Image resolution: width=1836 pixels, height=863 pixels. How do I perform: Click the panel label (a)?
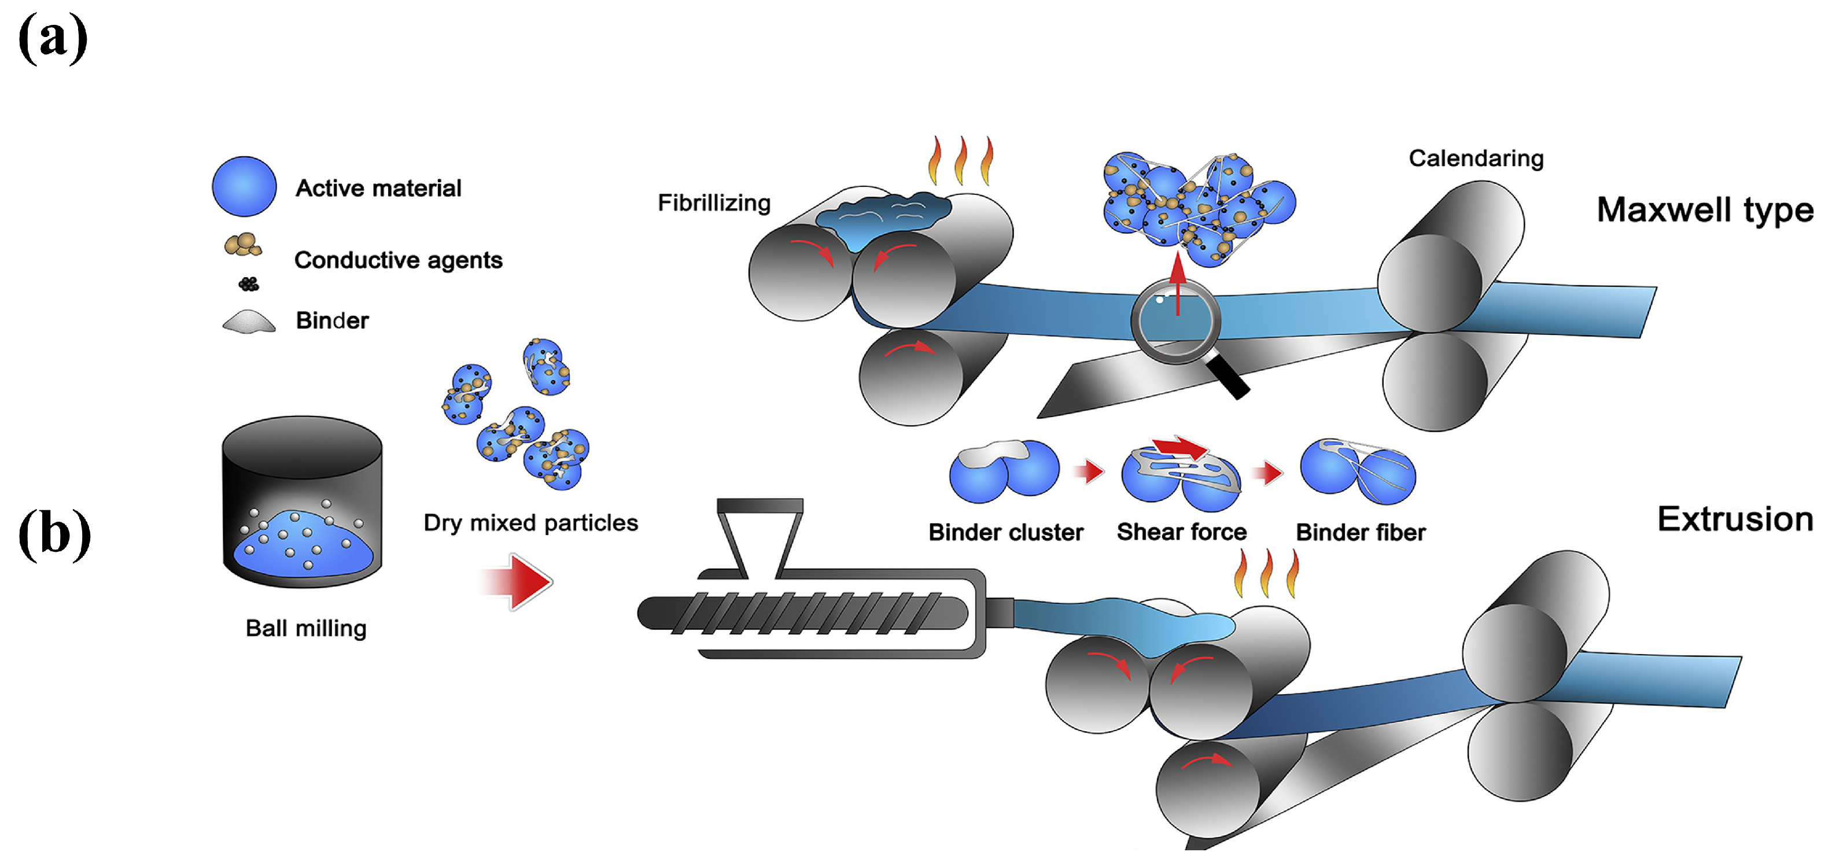[53, 39]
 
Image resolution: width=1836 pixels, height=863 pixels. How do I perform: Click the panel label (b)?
[55, 534]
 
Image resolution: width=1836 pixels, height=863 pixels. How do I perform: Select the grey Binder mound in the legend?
[249, 322]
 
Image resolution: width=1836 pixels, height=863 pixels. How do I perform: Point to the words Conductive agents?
[398, 260]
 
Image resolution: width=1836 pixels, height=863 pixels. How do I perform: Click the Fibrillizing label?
[713, 203]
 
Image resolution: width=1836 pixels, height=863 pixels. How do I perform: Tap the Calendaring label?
[1476, 158]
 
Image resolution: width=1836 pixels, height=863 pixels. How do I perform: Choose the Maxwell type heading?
[1704, 210]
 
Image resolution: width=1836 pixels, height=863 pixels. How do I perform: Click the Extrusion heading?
[1735, 519]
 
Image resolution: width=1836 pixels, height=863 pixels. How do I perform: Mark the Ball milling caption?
[306, 629]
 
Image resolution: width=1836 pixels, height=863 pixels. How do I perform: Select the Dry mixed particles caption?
[530, 523]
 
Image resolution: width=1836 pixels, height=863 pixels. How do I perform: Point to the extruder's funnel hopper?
[760, 534]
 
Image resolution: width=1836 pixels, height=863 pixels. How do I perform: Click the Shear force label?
[1181, 532]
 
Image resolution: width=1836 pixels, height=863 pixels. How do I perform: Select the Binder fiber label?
[1360, 532]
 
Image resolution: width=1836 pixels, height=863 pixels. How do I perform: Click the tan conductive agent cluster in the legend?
[243, 245]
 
